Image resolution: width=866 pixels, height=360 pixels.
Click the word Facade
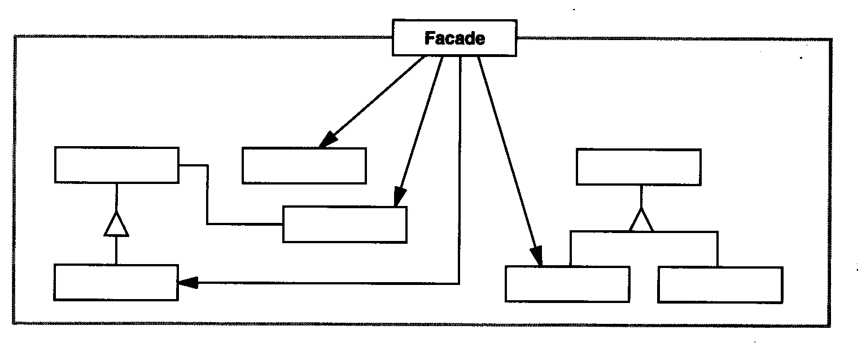point(454,38)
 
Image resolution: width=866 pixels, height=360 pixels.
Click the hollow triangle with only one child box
point(116,225)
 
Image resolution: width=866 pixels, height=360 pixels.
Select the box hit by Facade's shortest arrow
point(304,165)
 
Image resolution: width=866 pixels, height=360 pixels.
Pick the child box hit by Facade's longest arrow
point(567,284)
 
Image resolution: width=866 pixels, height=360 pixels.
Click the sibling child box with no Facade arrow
point(720,285)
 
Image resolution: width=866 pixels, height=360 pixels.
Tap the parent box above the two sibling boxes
point(638,167)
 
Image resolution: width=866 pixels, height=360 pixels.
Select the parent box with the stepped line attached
point(117,165)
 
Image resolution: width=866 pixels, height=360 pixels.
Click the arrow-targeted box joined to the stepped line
point(344,225)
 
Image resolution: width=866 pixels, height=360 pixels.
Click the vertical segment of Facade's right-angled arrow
point(460,169)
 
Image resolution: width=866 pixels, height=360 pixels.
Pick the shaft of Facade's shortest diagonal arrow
point(375,100)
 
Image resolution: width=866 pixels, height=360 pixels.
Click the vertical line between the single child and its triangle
point(116,251)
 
